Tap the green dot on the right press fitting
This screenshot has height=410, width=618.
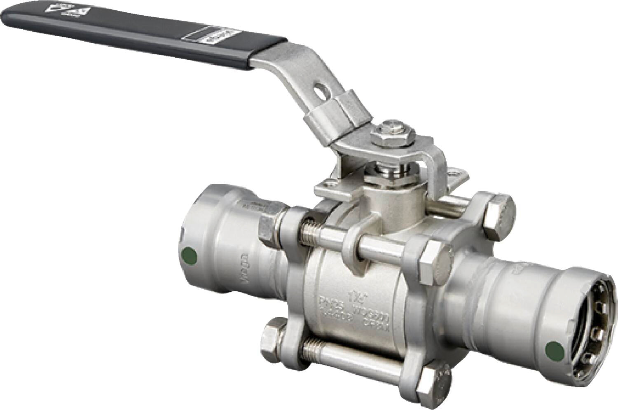pos(555,351)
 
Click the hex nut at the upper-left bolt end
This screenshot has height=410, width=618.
pos(272,228)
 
